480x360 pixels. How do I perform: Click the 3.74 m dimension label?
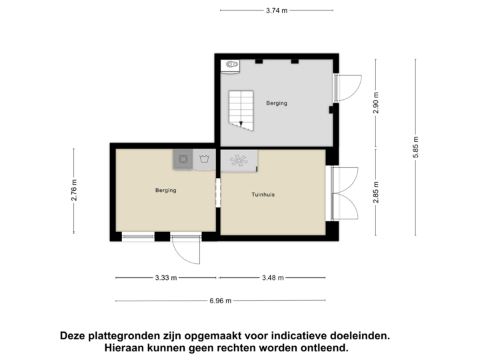[276, 10]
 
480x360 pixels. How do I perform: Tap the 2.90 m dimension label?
[375, 104]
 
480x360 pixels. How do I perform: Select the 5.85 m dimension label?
[415, 147]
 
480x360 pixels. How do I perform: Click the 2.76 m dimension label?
[74, 191]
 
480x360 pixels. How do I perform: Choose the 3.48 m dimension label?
[273, 277]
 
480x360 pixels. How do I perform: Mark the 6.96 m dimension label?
[220, 301]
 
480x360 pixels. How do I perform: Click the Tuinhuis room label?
[263, 195]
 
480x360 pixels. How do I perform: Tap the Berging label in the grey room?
[277, 104]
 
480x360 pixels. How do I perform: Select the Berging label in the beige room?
[165, 191]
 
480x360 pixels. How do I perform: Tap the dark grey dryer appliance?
[183, 159]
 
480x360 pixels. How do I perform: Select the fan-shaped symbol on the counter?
[239, 160]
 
